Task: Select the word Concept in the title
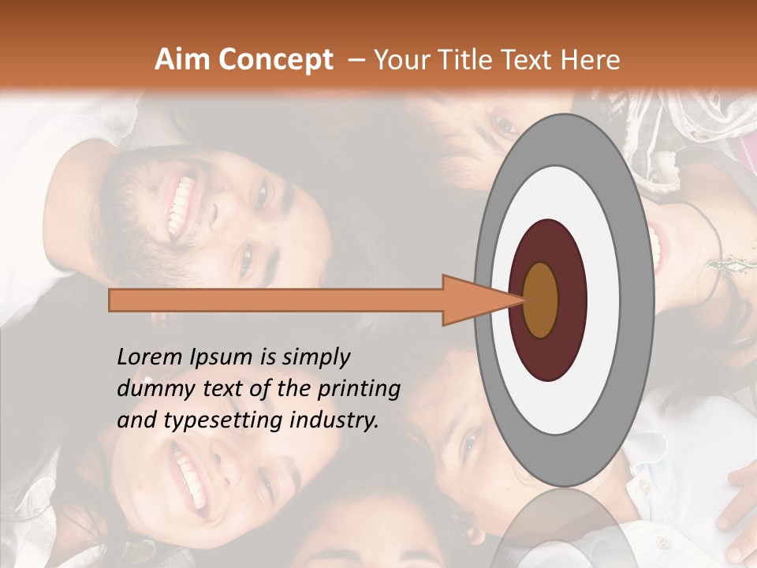point(275,60)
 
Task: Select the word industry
point(335,420)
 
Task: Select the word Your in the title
point(402,60)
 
